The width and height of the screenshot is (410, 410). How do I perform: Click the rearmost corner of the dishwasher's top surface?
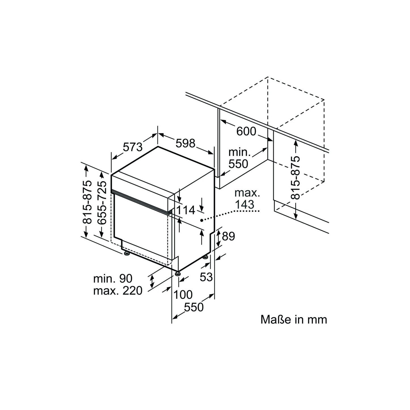pos(158,147)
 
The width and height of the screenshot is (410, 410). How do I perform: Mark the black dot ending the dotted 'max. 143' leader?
pos(201,220)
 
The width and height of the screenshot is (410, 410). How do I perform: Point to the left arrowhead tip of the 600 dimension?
pos(220,120)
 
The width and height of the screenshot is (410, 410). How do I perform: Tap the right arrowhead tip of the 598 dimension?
pos(213,154)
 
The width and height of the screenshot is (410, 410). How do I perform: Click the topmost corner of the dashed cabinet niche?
pos(268,77)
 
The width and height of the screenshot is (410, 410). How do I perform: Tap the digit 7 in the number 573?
pos(133,147)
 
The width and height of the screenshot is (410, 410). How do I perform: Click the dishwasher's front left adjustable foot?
pos(127,253)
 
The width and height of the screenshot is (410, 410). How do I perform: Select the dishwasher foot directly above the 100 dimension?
pos(177,273)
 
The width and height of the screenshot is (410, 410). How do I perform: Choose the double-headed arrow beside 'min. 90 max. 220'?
pos(152,281)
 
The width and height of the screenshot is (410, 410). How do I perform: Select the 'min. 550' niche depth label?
pos(239,159)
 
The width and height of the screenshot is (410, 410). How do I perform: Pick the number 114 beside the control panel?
pos(186,210)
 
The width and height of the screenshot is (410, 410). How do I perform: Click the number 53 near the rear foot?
pos(206,277)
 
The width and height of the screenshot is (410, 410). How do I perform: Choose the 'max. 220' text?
pos(118,291)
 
